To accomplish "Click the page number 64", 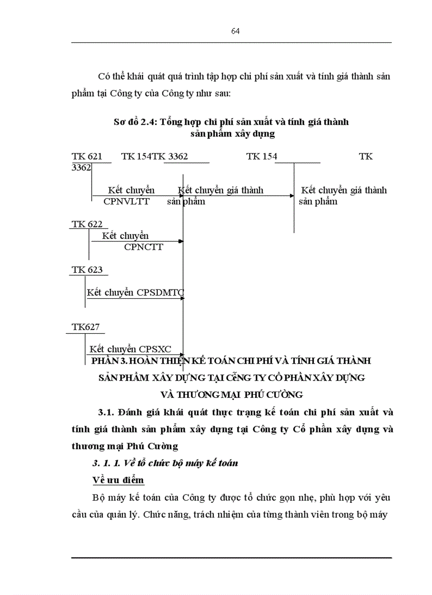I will click(x=235, y=31).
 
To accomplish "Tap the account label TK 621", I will click(x=87, y=156).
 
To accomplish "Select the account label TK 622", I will click(x=87, y=224).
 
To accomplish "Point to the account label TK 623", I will click(x=87, y=270).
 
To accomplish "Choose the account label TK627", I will click(x=86, y=327).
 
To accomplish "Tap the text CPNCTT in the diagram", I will click(x=143, y=246).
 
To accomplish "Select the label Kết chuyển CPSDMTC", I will click(x=136, y=292).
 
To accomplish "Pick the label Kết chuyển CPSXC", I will click(x=130, y=349).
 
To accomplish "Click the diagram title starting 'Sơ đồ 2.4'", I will click(x=231, y=122).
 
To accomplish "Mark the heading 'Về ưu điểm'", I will click(x=118, y=480).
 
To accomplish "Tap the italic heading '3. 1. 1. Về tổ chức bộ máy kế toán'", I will click(x=165, y=463).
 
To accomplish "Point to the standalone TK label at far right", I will click(x=365, y=156).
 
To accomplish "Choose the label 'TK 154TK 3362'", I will click(x=154, y=156).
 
